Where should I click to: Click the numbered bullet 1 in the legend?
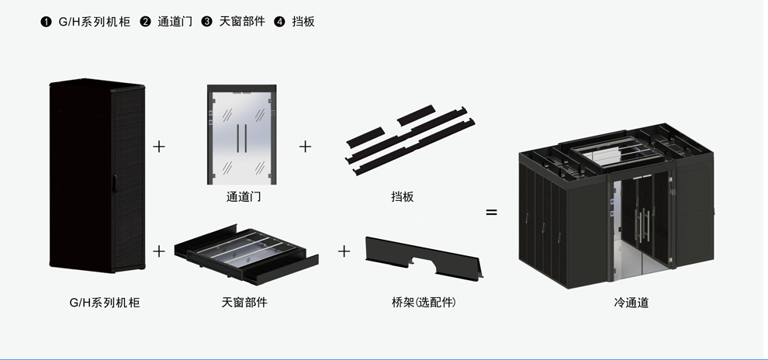point(46,22)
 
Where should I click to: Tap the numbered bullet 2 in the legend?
point(145,22)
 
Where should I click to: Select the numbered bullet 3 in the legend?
point(207,22)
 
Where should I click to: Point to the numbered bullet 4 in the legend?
point(280,22)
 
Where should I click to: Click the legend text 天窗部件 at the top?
point(240,22)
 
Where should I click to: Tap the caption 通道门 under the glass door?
point(244,197)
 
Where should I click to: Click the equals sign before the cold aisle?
point(491,211)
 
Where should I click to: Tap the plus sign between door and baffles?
point(306,146)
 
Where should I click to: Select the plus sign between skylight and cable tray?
point(344,251)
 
